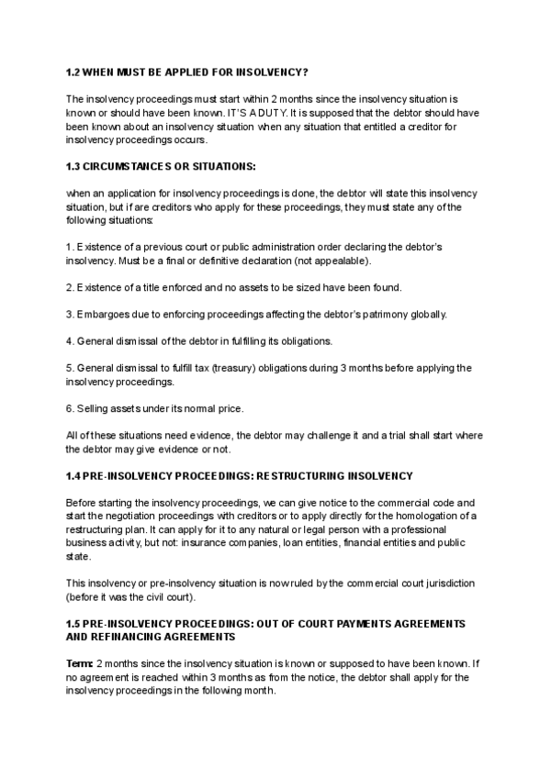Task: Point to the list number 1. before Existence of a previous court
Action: [x=70, y=249]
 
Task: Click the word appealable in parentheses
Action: [x=343, y=261]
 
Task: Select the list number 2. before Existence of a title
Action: [x=70, y=288]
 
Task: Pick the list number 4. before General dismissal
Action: [x=70, y=341]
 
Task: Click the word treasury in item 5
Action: [x=256, y=368]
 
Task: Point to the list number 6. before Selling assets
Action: [x=70, y=407]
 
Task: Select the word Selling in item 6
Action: [x=94, y=407]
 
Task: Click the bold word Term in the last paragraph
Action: [x=79, y=663]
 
